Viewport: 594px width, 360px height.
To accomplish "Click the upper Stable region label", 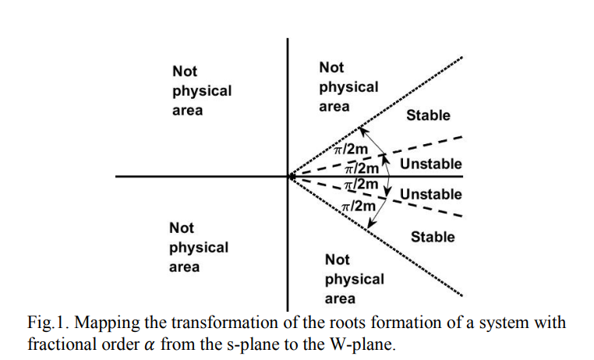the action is [428, 115].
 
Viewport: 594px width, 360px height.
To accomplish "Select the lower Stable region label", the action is [433, 237].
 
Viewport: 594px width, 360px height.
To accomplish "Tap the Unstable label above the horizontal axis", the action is [431, 164].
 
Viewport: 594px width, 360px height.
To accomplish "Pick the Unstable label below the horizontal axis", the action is [431, 194].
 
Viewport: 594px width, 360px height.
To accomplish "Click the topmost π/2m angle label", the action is [351, 149].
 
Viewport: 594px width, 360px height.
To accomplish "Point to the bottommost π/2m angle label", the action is [358, 206].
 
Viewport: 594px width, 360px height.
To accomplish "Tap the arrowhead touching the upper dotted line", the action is [362, 132].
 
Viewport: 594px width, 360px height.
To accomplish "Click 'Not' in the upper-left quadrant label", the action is [185, 71].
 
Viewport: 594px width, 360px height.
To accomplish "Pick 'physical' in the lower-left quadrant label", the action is [199, 248].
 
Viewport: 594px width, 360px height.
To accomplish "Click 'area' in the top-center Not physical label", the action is [334, 107].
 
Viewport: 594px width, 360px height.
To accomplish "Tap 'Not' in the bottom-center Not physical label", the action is [338, 259].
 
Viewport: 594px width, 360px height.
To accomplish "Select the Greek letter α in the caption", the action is [150, 345].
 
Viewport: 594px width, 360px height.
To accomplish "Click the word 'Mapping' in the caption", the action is [108, 323].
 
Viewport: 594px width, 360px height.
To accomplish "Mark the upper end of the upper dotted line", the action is [461, 57].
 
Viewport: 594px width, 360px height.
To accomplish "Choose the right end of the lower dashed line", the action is [461, 217].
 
